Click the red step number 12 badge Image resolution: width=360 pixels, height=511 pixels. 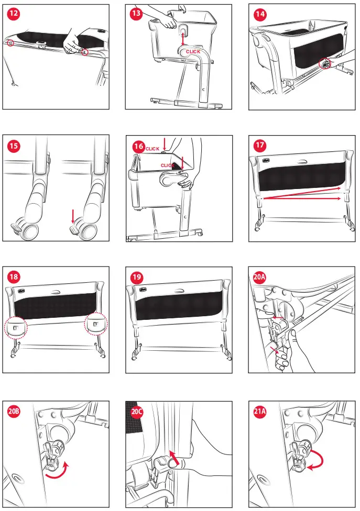point(14,14)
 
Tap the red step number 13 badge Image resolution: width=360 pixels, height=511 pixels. point(136,14)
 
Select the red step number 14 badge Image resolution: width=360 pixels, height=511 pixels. point(260,14)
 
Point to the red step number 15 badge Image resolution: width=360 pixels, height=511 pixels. point(14,146)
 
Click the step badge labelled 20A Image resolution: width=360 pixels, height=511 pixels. point(259,277)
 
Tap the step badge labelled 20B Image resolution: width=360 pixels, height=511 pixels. point(14,412)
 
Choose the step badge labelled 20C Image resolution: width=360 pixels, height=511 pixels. point(137,412)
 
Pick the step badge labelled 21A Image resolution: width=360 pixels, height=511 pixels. point(259,412)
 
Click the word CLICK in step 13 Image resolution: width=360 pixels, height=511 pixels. point(193,51)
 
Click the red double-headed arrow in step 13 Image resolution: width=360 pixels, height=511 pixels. point(182,38)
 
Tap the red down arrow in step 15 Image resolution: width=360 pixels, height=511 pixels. point(73,216)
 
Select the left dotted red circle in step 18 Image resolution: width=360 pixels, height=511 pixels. point(16,327)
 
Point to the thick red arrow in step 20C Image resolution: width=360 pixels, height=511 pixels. point(174,457)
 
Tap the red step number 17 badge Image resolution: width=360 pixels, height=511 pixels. point(260,146)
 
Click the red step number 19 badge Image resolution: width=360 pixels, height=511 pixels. point(137,277)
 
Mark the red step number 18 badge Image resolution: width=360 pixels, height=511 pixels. point(14,277)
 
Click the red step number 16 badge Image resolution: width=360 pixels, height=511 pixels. point(138,146)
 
